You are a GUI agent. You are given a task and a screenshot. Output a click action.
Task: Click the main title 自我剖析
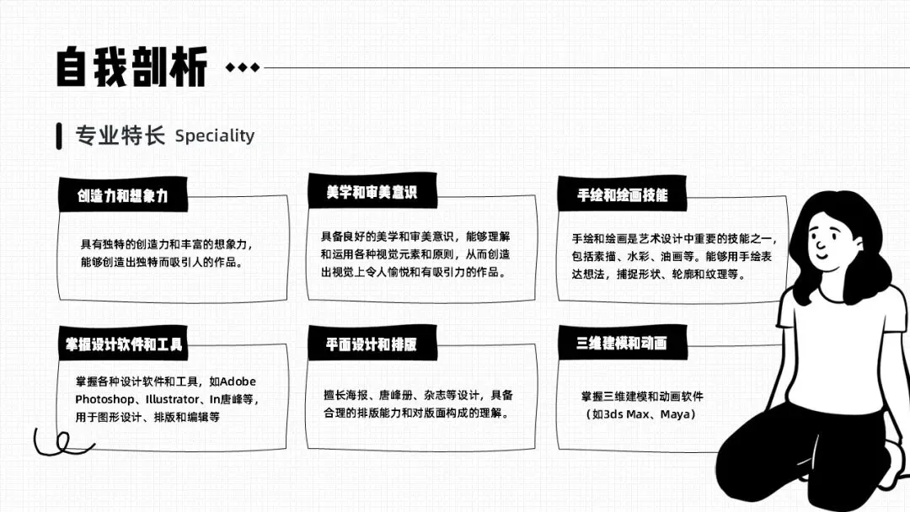[131, 67]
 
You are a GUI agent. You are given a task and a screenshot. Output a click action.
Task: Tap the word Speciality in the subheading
[215, 136]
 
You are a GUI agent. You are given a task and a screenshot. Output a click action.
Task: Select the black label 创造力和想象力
[123, 195]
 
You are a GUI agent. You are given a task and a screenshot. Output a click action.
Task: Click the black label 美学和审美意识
[372, 192]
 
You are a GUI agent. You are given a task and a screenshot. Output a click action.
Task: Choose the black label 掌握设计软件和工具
[124, 344]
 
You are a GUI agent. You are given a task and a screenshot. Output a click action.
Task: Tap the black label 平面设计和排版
[372, 344]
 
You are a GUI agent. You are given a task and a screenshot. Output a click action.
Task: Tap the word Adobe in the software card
[238, 381]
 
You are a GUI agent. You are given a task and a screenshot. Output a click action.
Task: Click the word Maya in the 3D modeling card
[677, 415]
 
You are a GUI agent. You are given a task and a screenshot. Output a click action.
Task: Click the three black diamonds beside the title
[243, 68]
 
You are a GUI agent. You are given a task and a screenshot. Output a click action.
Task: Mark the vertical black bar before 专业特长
[59, 136]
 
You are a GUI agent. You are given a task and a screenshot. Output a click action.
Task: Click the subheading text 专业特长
[120, 136]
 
